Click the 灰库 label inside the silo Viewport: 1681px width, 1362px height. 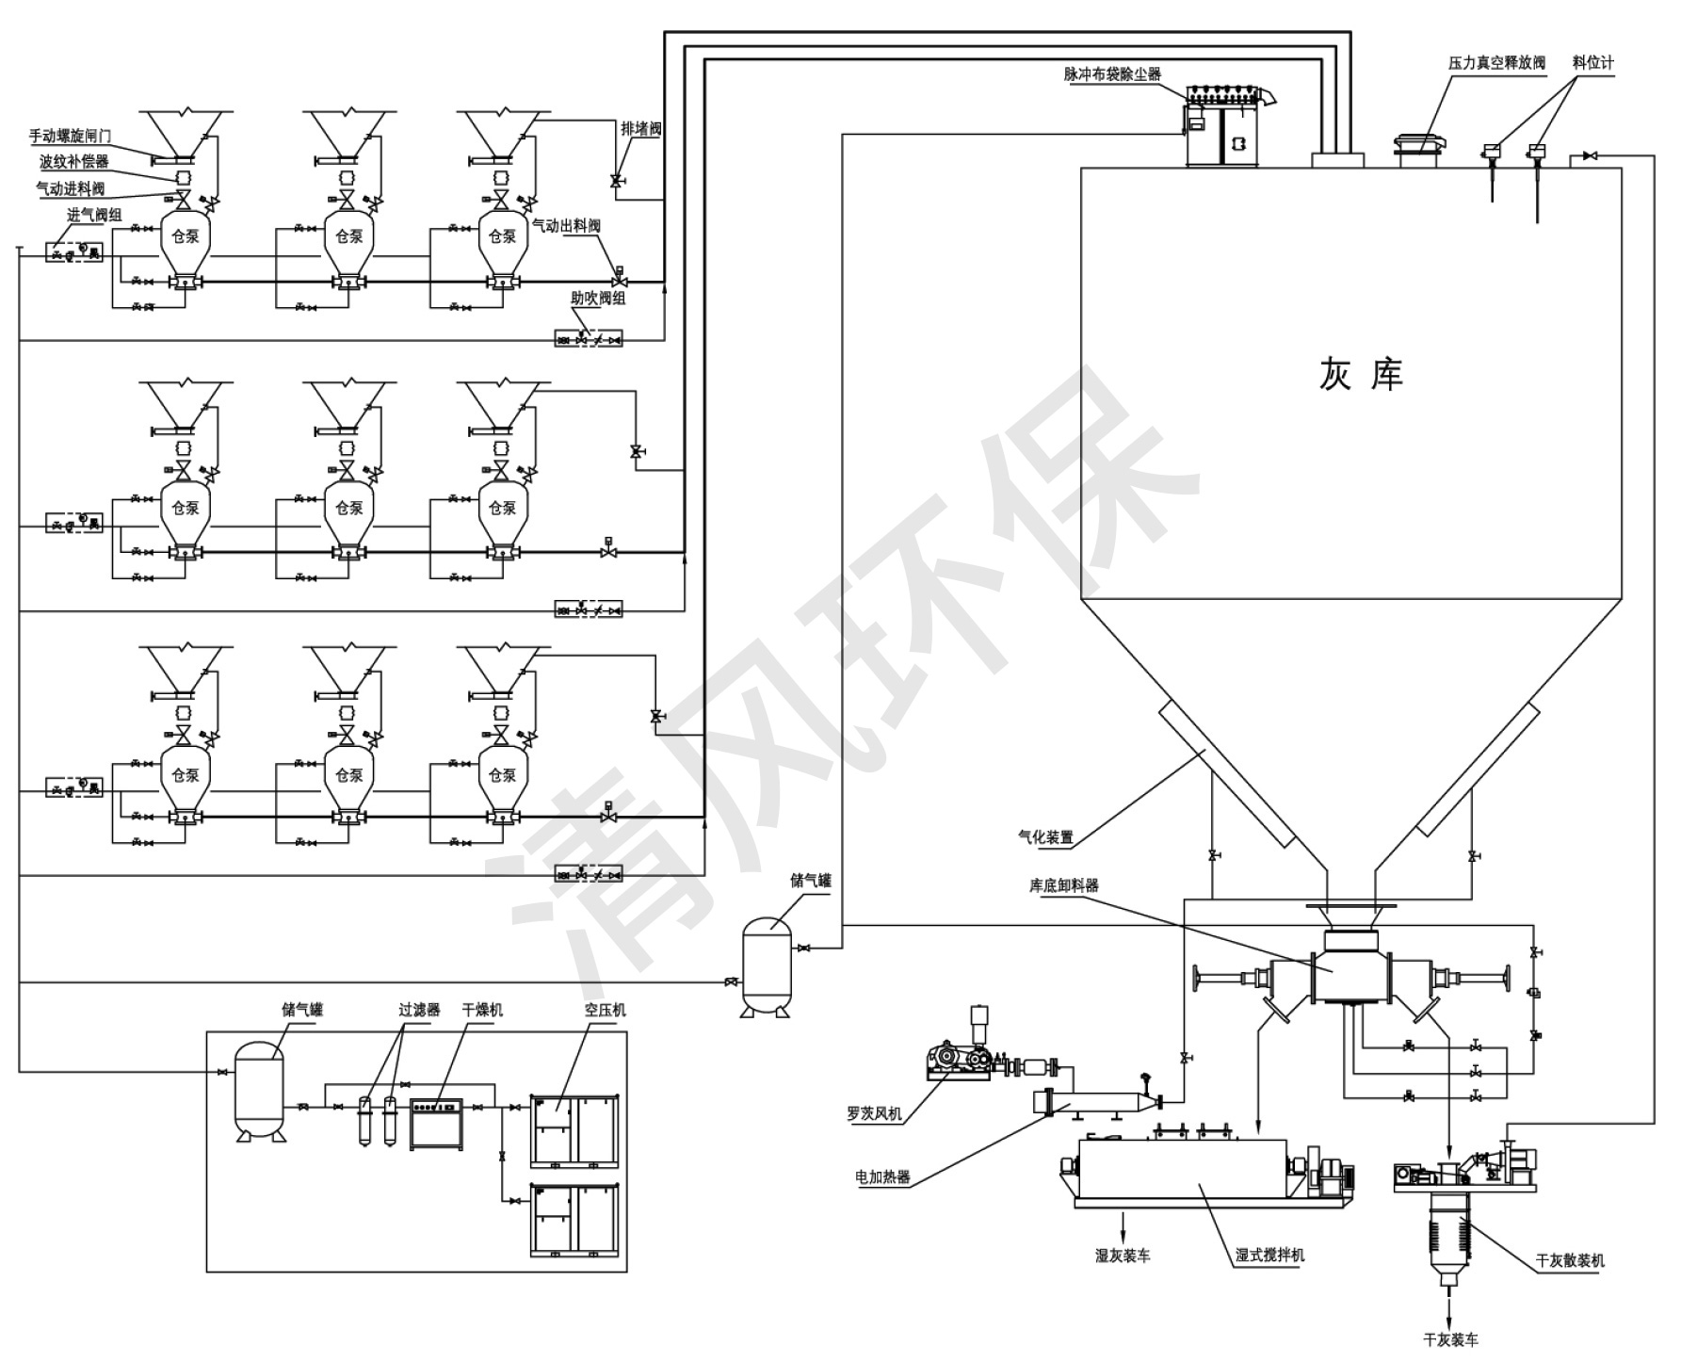pyautogui.click(x=1360, y=375)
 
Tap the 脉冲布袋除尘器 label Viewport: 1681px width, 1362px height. pyautogui.click(x=1112, y=73)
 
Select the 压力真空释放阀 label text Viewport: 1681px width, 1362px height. pyautogui.click(x=1496, y=63)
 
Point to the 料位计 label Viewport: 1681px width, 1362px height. pyautogui.click(x=1592, y=62)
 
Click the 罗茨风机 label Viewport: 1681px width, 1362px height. pyautogui.click(x=874, y=1113)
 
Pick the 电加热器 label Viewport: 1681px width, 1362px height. pyautogui.click(x=882, y=1176)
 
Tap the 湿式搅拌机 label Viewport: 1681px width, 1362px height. pyautogui.click(x=1270, y=1255)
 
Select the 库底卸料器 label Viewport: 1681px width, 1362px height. pyautogui.click(x=1063, y=885)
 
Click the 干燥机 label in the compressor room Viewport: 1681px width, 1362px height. pyautogui.click(x=482, y=1010)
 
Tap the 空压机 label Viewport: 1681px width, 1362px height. pyautogui.click(x=605, y=1010)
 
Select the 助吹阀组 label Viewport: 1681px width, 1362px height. pyautogui.click(x=598, y=298)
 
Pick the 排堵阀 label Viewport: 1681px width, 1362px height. pyautogui.click(x=640, y=128)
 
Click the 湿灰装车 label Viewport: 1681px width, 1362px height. pyautogui.click(x=1122, y=1255)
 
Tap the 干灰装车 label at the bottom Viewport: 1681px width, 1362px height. pyautogui.click(x=1450, y=1339)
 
